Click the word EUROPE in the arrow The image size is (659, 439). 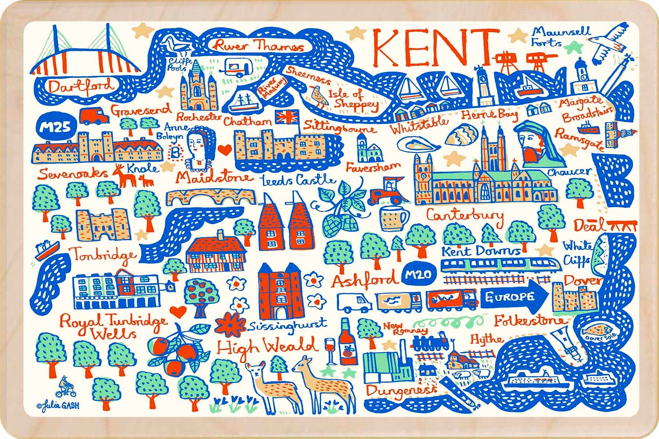pos(512,297)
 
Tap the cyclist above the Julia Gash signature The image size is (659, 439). pos(65,387)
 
